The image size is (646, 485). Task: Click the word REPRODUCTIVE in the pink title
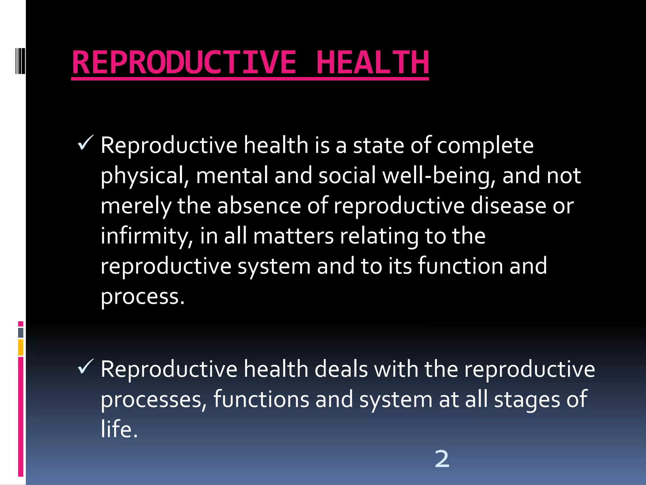point(184,63)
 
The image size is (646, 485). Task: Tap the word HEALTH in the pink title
point(372,63)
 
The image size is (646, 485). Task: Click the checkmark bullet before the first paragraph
point(85,143)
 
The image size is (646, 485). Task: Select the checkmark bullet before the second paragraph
point(85,367)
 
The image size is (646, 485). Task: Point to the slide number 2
point(442,459)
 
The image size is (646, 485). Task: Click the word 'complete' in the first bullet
point(485,146)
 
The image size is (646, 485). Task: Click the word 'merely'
point(136,206)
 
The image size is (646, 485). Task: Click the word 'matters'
point(293,236)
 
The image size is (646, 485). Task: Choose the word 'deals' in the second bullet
point(341,369)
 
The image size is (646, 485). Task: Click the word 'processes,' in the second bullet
point(154,400)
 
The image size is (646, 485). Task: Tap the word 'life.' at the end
point(119,429)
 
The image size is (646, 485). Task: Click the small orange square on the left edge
point(21,347)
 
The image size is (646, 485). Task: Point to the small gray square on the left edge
point(21,332)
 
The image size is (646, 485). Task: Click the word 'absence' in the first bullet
point(259,206)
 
